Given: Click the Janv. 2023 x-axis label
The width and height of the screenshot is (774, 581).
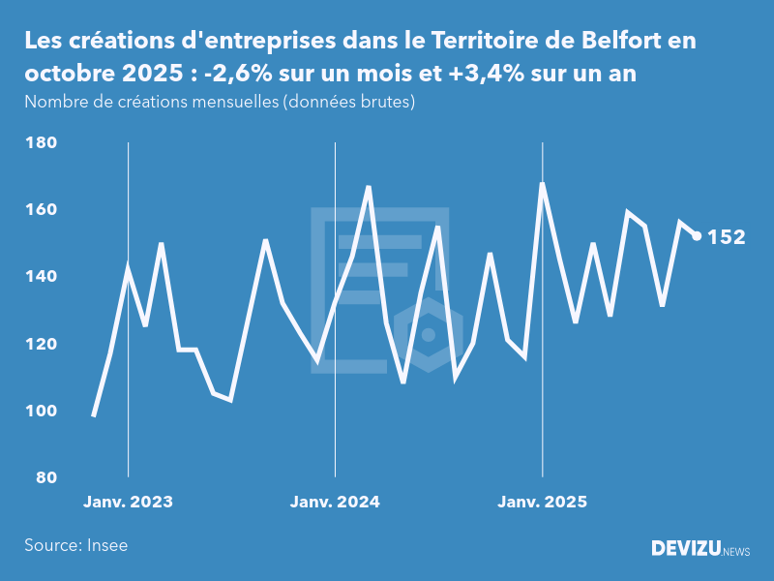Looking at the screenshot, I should pyautogui.click(x=128, y=502).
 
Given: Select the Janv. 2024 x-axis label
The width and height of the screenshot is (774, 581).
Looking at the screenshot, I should pyautogui.click(x=335, y=502).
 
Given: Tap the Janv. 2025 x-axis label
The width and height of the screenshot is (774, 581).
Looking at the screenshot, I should pyautogui.click(x=542, y=502).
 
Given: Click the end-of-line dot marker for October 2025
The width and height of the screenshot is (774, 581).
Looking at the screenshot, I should pyautogui.click(x=697, y=236).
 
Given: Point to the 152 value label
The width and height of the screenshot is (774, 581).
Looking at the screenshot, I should pyautogui.click(x=726, y=237).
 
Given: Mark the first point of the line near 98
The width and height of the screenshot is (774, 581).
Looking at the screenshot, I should pyautogui.click(x=93, y=415).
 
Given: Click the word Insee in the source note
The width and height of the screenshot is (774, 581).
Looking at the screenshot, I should pyautogui.click(x=107, y=545).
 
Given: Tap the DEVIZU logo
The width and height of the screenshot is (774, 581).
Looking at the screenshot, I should pyautogui.click(x=686, y=549).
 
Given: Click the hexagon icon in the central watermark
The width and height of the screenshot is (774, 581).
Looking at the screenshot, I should pyautogui.click(x=428, y=335).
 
